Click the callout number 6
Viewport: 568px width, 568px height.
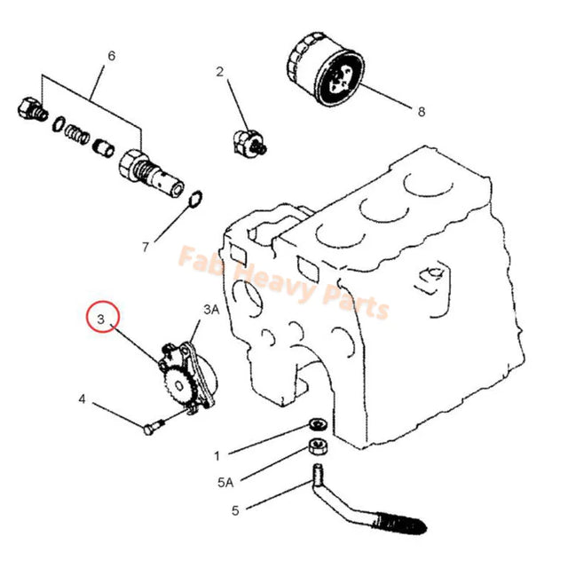(111, 56)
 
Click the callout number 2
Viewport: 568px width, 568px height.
(220, 73)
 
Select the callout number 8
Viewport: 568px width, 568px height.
(421, 112)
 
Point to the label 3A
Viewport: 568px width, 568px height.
(210, 309)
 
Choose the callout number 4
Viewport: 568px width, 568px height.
(82, 399)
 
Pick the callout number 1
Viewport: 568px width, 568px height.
(216, 456)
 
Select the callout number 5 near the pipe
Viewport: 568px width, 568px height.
(235, 510)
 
